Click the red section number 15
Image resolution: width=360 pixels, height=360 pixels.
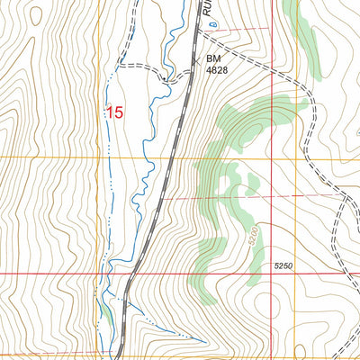coord(114,112)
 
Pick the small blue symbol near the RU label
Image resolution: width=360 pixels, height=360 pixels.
coord(202,37)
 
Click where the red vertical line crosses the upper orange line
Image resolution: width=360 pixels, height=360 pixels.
coord(271,158)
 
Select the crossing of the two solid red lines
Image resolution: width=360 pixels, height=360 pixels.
coord(271,272)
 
